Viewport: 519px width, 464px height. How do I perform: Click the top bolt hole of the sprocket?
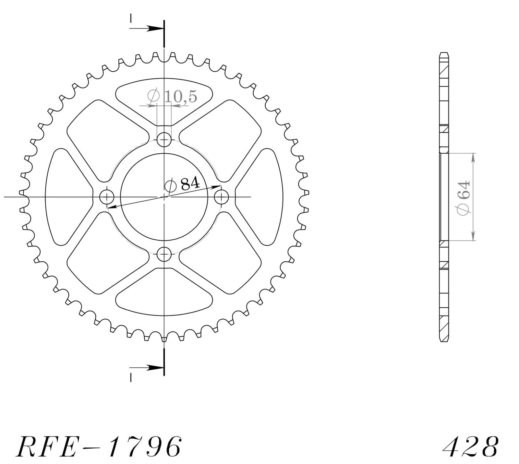click(x=164, y=140)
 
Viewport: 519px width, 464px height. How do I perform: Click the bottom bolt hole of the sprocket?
click(x=164, y=254)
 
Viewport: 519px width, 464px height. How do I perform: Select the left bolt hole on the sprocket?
click(x=107, y=197)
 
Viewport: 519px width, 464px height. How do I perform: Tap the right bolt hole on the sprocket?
click(x=222, y=197)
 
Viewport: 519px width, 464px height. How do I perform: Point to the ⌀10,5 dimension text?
click(x=172, y=96)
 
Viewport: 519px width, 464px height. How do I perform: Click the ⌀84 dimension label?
click(x=182, y=185)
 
